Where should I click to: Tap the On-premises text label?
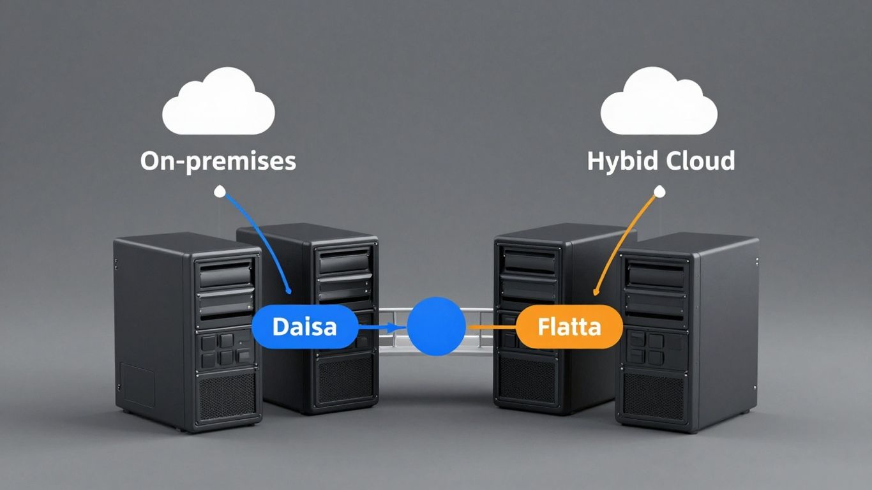tap(218, 161)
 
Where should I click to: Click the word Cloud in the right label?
tap(700, 161)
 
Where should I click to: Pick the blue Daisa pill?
tap(304, 327)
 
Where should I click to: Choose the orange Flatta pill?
tap(569, 327)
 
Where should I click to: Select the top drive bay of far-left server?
tap(225, 274)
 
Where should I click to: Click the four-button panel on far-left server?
tap(225, 349)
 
